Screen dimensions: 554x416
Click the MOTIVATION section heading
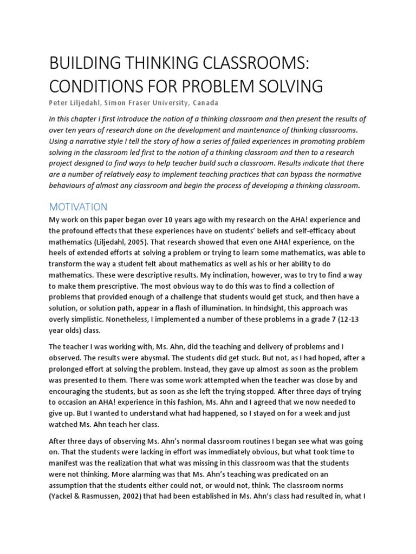78,207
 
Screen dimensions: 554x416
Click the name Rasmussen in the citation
108,510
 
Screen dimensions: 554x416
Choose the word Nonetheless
126,320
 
